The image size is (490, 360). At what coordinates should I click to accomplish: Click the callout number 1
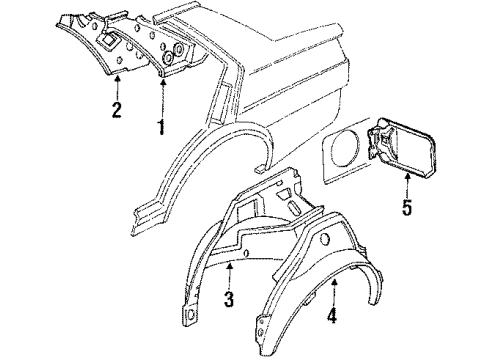161,127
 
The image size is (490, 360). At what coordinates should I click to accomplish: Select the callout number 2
116,110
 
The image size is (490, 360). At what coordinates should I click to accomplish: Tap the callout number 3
229,299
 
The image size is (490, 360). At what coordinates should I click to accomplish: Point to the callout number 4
332,314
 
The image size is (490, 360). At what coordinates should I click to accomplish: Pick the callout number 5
407,207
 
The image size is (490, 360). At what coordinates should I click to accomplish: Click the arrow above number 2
117,88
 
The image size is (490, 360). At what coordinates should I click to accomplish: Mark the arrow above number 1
163,98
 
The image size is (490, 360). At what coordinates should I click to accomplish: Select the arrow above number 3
229,276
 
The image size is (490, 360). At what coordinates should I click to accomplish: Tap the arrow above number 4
335,292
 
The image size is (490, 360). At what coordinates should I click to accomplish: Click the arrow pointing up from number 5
407,186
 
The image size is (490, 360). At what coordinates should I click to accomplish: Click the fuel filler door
402,146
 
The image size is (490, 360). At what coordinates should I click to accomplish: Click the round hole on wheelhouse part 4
324,238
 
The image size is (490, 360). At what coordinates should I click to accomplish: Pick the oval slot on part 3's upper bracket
294,208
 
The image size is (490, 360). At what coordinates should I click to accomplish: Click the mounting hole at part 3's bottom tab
190,314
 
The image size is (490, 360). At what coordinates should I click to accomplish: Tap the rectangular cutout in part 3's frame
246,210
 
